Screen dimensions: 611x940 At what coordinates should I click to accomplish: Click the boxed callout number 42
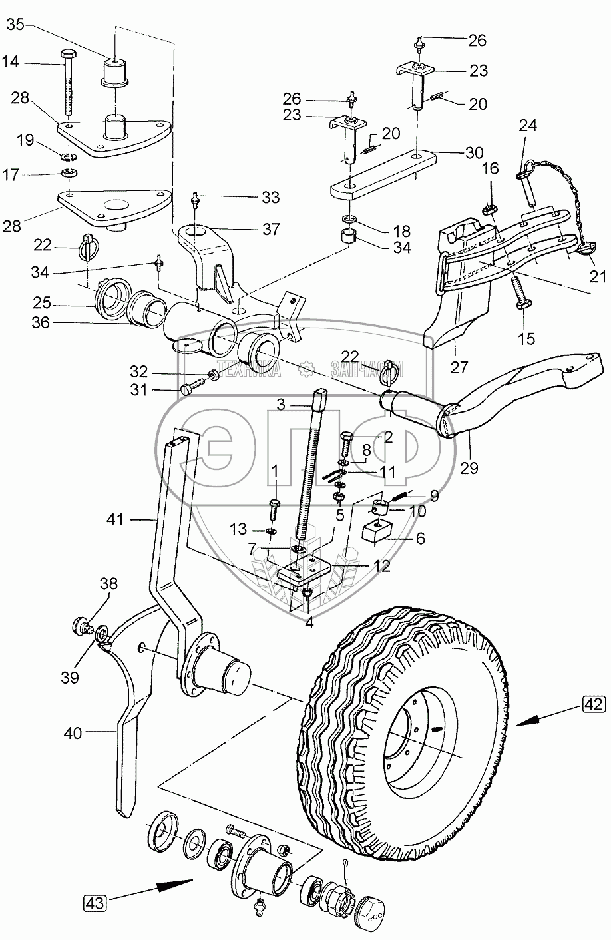[594, 704]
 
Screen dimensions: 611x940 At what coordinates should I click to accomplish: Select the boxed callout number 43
[95, 902]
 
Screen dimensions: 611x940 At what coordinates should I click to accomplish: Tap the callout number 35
[16, 25]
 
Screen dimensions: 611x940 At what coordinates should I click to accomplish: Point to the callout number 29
[469, 468]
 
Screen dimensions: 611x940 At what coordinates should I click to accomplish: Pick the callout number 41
[115, 519]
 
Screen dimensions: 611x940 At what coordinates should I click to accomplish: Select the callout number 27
[459, 367]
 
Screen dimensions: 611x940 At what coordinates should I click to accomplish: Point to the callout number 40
[72, 734]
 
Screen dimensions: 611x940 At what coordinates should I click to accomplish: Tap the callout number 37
[270, 229]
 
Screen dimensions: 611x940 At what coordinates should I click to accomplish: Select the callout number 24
[528, 125]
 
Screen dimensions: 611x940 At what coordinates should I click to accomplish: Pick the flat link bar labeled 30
[383, 174]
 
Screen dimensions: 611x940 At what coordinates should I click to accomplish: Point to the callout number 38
[108, 583]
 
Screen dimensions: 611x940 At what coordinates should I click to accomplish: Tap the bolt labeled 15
[520, 293]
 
